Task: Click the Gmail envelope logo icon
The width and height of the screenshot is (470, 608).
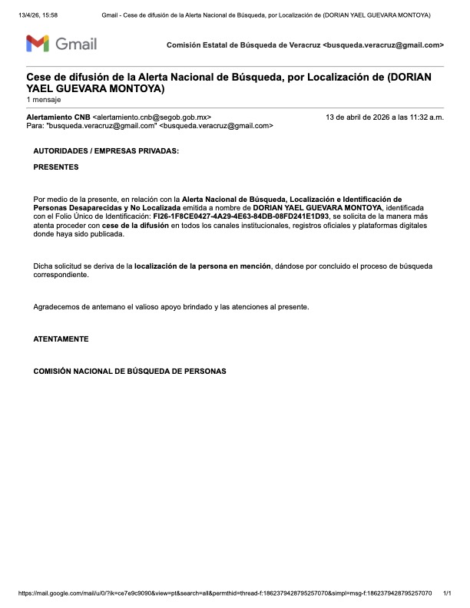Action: coord(38,44)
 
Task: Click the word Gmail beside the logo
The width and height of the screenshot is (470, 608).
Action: coord(75,44)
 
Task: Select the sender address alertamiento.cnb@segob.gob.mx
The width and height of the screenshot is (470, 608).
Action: coord(151,117)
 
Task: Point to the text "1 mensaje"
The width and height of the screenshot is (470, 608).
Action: coord(43,100)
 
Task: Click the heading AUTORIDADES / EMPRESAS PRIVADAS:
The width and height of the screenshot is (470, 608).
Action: coord(106,151)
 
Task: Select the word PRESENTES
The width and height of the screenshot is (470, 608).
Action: coord(55,167)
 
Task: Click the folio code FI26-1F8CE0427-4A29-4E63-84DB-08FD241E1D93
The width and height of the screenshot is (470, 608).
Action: coord(240,216)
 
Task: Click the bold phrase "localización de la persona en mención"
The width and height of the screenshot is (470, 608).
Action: coord(203,266)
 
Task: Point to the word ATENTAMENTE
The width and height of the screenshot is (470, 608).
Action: coord(61,339)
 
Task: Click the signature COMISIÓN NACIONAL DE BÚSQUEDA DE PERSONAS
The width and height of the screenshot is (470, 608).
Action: coord(130,371)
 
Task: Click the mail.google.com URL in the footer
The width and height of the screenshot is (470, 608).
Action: coord(223,593)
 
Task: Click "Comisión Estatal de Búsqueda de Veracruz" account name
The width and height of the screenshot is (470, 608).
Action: coord(243,45)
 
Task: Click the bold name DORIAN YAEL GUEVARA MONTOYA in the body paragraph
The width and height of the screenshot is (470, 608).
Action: coord(318,207)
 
